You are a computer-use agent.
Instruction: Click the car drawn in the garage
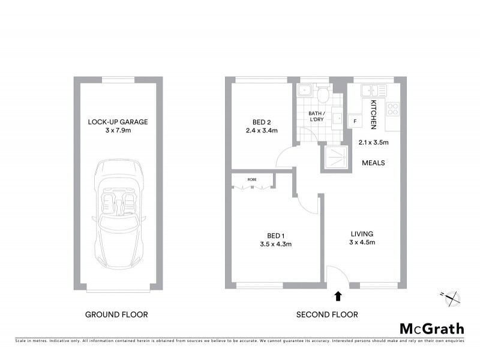(x=118, y=211)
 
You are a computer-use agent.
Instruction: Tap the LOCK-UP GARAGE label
(x=118, y=122)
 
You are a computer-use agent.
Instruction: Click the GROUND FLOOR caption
(x=116, y=314)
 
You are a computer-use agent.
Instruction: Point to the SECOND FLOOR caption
(x=327, y=314)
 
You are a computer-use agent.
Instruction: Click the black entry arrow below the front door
(x=338, y=295)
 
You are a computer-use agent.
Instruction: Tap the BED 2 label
(x=261, y=122)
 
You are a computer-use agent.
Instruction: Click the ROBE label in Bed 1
(x=252, y=179)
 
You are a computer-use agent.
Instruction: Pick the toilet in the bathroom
(x=323, y=94)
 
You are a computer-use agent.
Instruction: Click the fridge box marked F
(x=355, y=122)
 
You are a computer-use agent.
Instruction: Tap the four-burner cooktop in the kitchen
(x=393, y=109)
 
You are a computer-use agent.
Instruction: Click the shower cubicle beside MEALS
(x=335, y=158)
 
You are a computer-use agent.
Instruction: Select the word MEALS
(x=373, y=163)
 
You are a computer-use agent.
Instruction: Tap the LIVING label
(x=362, y=233)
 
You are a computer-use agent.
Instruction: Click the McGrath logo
(x=431, y=328)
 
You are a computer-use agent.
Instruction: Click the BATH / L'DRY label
(x=317, y=116)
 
